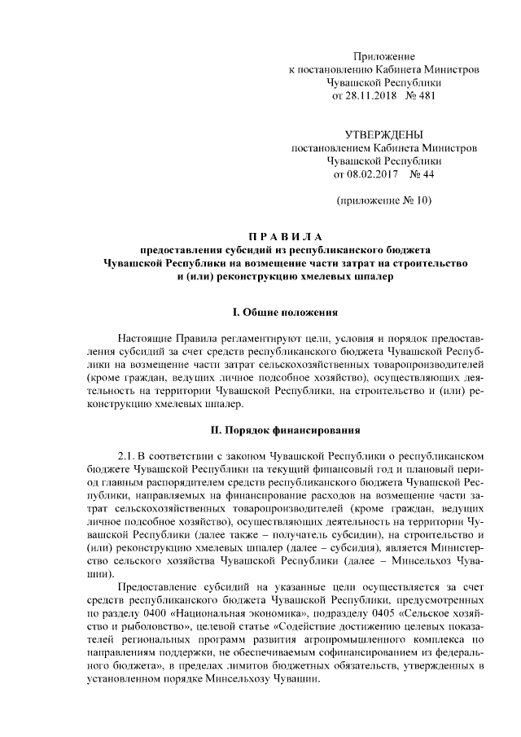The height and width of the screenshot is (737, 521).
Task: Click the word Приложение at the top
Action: click(383, 56)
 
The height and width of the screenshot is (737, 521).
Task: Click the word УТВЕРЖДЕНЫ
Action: click(383, 134)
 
